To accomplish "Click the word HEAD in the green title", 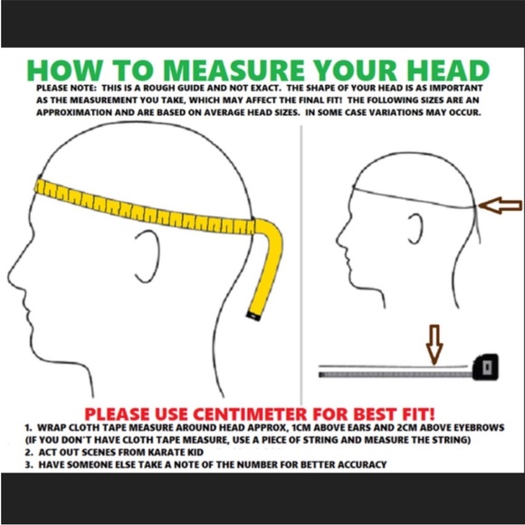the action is (x=448, y=71).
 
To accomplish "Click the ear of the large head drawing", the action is (x=148, y=256).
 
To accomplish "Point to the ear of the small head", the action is (x=415, y=229).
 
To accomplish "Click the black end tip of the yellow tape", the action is (x=253, y=315).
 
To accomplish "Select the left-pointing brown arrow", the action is (x=500, y=205).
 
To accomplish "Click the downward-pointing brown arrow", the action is (x=434, y=344).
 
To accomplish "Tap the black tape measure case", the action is (x=485, y=367).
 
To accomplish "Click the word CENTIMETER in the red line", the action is (x=249, y=414).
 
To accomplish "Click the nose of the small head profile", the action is (x=339, y=238).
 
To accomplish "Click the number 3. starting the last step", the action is (x=29, y=464).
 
